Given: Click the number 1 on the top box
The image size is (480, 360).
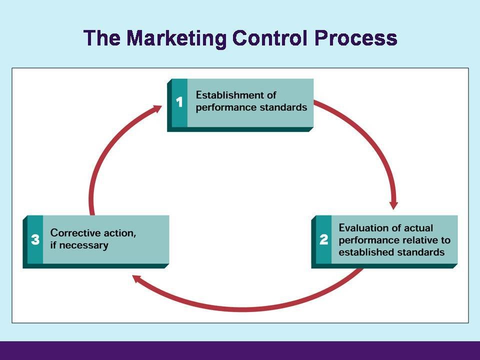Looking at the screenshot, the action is (179, 102).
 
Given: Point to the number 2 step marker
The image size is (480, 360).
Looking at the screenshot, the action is (323, 239).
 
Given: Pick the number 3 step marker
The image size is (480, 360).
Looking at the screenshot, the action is (35, 239).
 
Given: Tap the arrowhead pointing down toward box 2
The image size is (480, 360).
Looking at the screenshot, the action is (394, 204).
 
